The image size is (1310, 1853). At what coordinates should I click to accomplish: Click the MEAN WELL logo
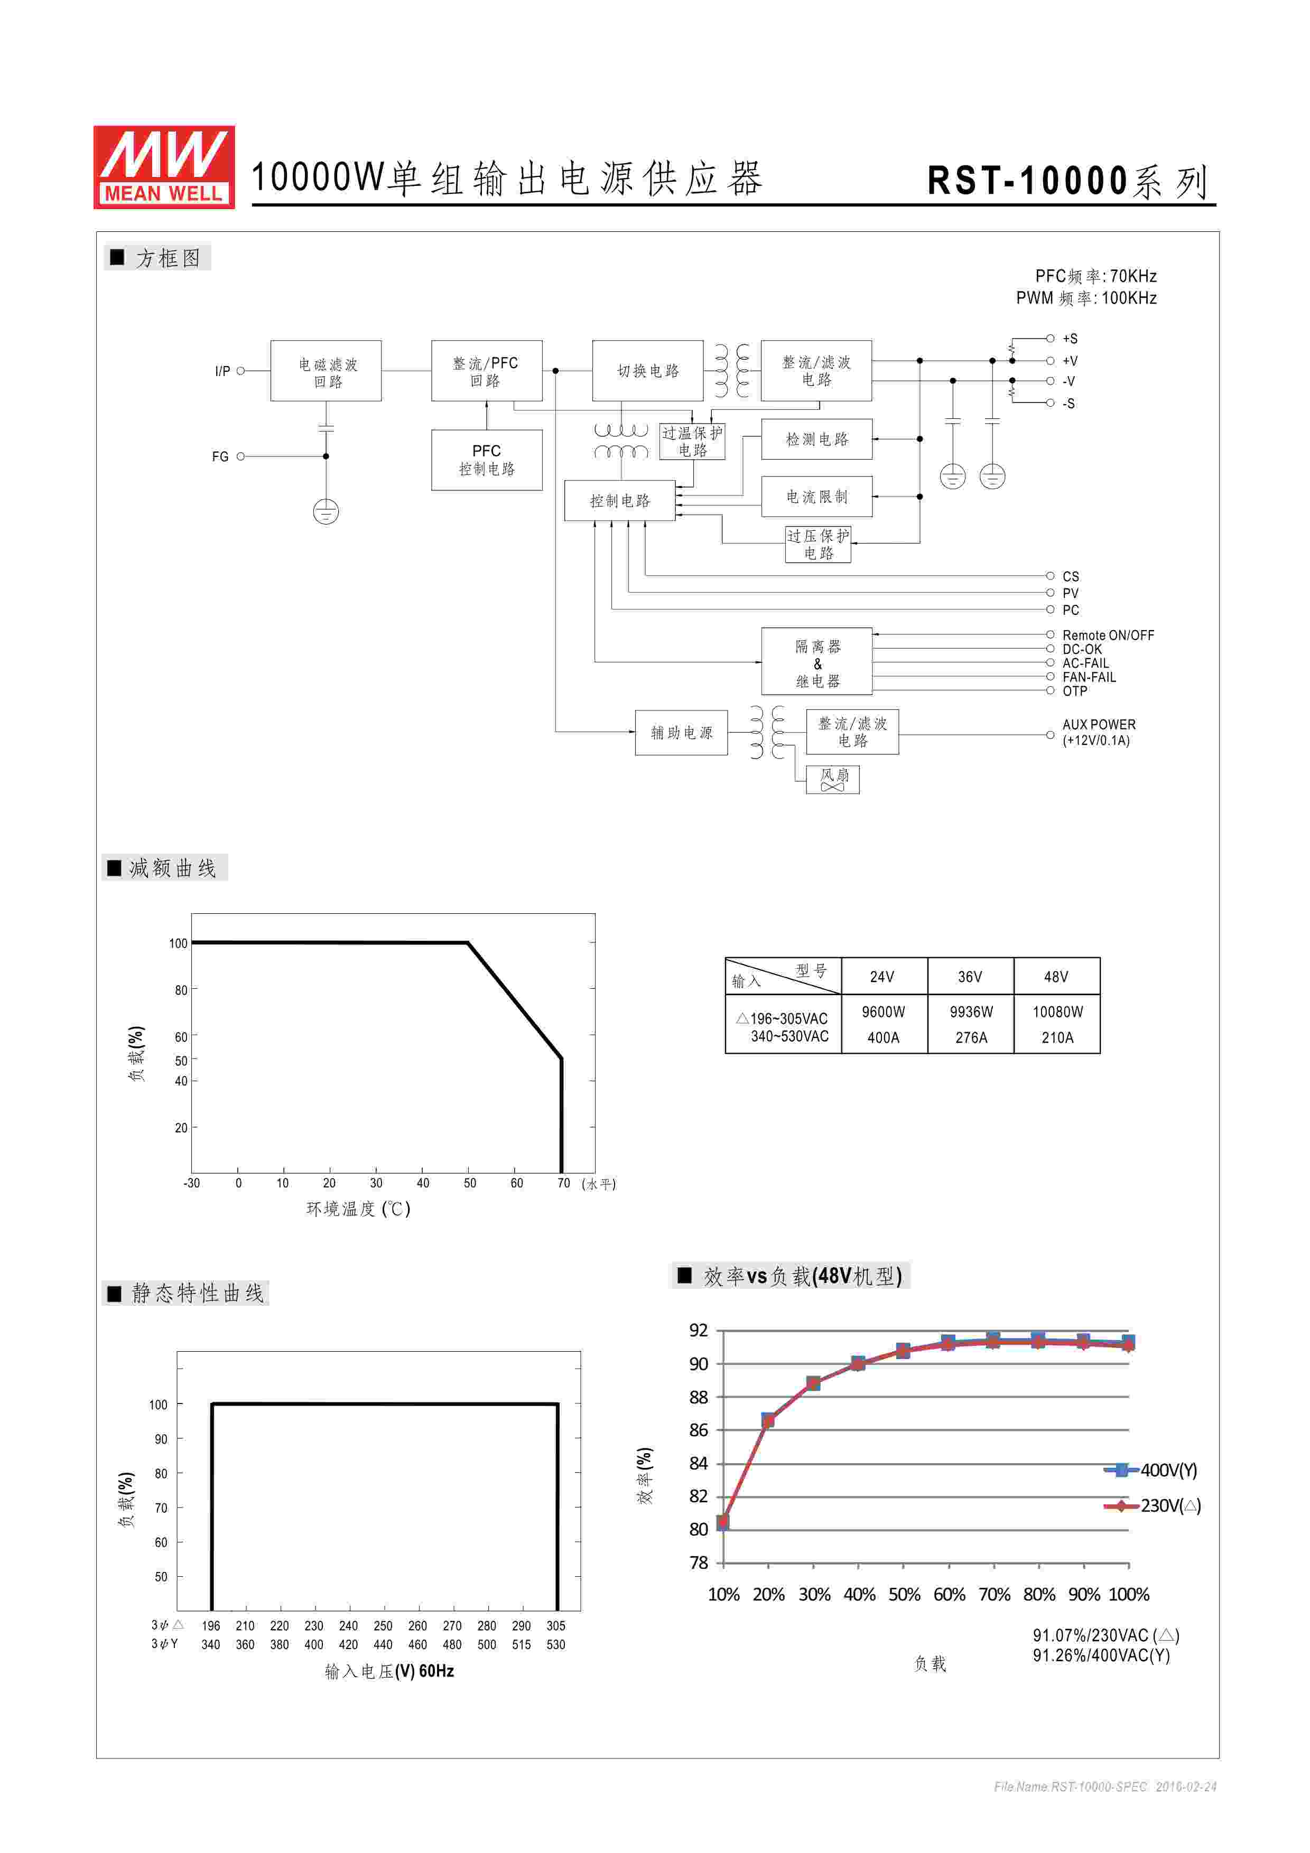(164, 167)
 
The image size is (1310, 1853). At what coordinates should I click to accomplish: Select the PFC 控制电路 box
(486, 460)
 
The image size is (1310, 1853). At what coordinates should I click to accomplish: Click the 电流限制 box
(817, 497)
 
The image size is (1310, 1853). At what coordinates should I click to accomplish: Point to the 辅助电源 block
(681, 732)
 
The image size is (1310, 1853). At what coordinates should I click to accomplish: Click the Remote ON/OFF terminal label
(1108, 635)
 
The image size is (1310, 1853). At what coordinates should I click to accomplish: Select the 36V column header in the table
(970, 977)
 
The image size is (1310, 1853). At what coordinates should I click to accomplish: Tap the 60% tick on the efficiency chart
(949, 1595)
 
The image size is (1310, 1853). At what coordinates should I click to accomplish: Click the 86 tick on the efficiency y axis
(698, 1430)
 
